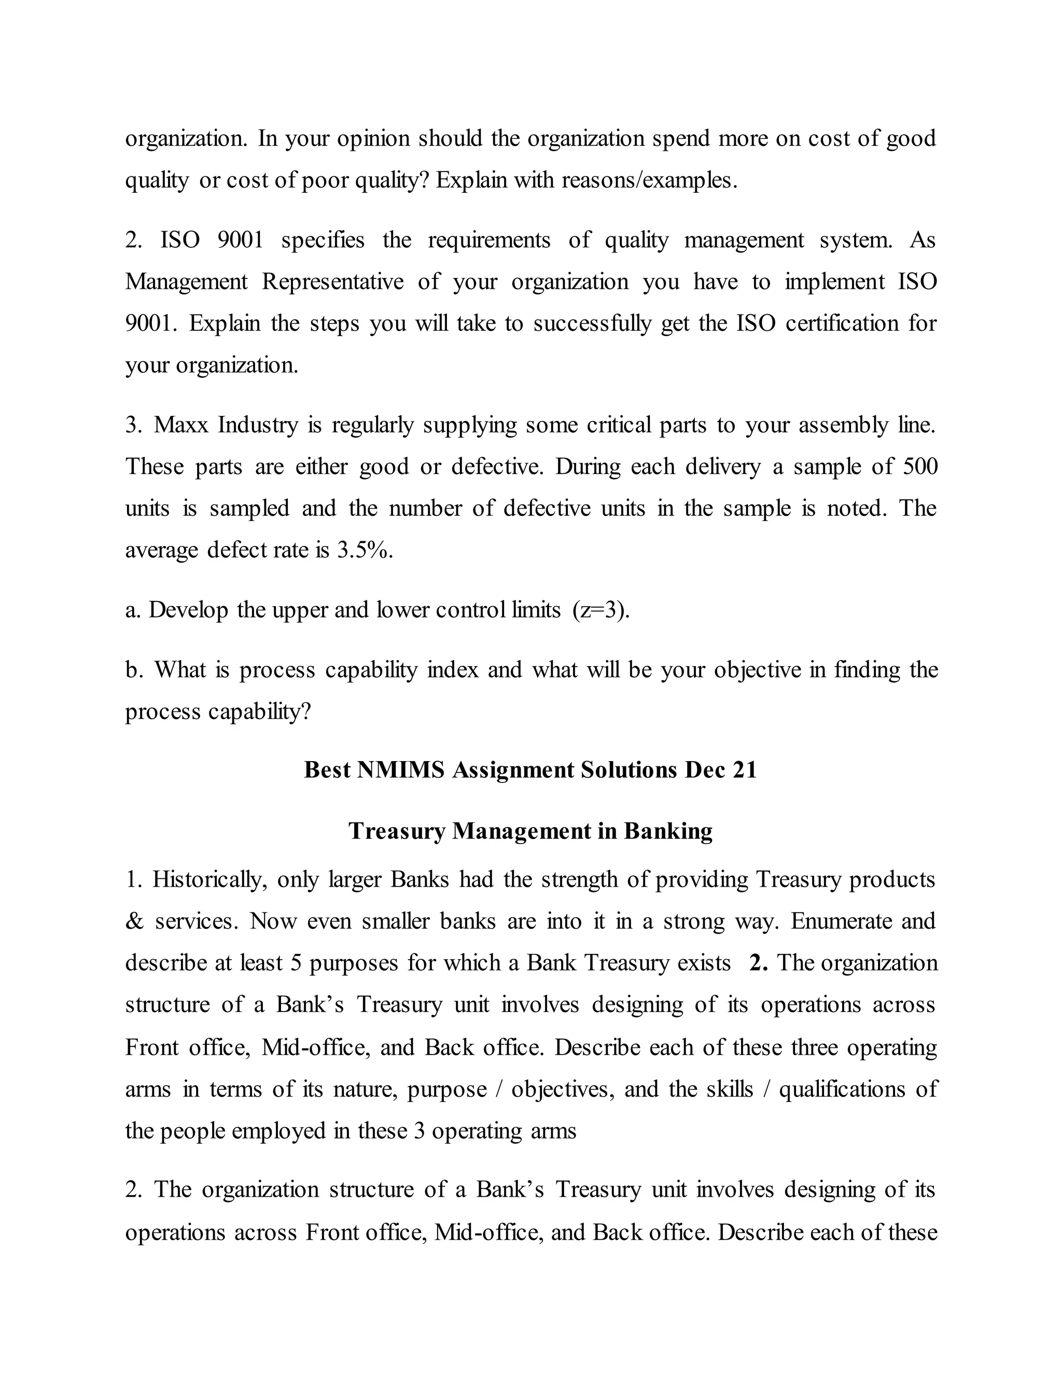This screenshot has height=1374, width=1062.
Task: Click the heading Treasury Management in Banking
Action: pos(530,831)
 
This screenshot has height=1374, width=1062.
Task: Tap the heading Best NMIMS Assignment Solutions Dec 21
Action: pos(530,770)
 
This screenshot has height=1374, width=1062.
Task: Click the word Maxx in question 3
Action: pos(180,425)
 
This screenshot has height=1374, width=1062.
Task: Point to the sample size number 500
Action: pos(920,467)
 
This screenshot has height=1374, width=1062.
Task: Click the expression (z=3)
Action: pos(601,610)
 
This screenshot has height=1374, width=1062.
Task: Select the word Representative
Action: pos(333,281)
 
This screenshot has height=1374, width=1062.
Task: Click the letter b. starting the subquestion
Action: pos(134,670)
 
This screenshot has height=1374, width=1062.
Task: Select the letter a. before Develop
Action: pos(133,610)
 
